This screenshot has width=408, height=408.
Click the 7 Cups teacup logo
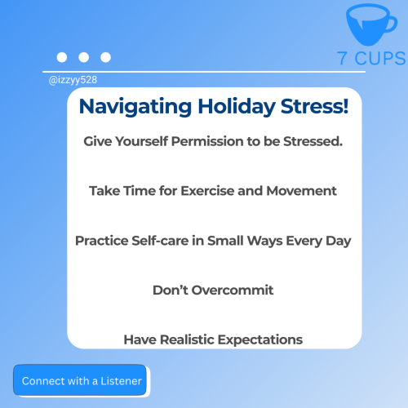(369, 24)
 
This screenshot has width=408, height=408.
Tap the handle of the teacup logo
(392, 24)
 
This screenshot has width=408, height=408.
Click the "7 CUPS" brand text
(371, 58)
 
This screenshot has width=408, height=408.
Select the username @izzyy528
(73, 80)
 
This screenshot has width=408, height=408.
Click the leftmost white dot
(62, 57)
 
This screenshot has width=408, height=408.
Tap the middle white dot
(84, 57)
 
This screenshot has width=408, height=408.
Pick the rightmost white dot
(105, 57)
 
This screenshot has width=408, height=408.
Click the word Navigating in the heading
(135, 107)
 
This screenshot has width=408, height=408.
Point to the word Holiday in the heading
(237, 107)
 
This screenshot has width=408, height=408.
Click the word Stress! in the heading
(315, 106)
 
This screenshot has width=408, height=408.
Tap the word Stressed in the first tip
(312, 141)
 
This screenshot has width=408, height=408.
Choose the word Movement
(301, 191)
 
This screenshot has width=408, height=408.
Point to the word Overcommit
(233, 290)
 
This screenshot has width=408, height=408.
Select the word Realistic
(188, 339)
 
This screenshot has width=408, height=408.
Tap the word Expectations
(260, 340)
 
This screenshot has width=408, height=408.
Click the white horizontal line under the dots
(204, 72)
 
